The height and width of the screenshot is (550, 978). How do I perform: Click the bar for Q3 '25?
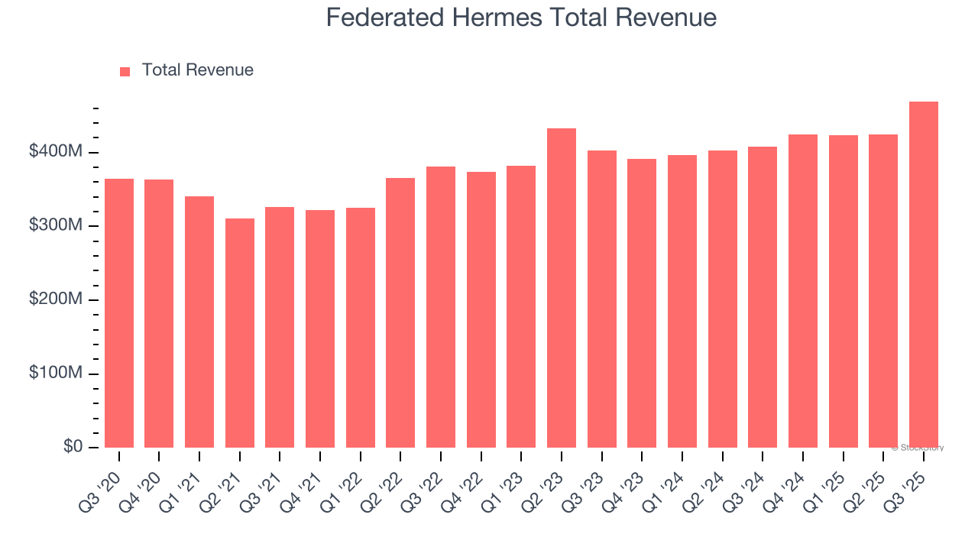(923, 275)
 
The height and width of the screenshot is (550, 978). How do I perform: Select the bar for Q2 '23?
(561, 288)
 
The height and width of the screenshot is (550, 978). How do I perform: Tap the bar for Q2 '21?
(239, 333)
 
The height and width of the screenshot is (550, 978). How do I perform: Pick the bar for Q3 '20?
(119, 313)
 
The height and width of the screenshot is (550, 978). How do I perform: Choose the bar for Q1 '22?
(360, 328)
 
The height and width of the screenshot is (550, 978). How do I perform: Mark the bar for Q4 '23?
(642, 303)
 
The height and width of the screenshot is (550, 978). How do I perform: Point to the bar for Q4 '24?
(802, 291)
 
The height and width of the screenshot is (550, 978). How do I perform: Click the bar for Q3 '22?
(441, 307)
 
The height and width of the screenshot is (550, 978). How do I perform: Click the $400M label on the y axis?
(55, 152)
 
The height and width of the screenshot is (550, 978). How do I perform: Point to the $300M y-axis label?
(55, 226)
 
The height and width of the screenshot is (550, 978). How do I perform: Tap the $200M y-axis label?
(55, 299)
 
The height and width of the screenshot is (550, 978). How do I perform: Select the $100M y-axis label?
(55, 374)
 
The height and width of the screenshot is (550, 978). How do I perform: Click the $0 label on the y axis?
(72, 447)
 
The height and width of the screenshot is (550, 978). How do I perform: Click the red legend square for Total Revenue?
(125, 71)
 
